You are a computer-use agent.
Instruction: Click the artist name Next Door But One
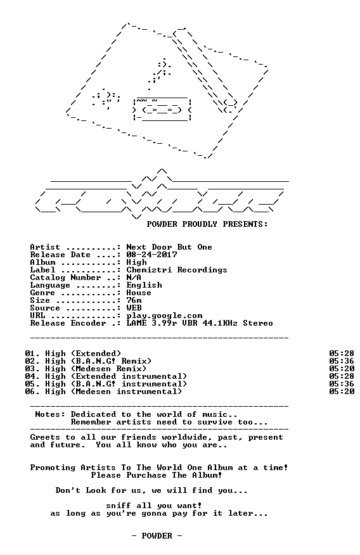[169, 247]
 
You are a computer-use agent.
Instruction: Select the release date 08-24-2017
[151, 255]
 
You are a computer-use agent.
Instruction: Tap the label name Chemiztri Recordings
[177, 270]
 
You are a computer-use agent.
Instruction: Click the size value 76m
[134, 300]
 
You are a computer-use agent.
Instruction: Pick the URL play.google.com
[164, 316]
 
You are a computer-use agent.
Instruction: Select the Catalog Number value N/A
[134, 277]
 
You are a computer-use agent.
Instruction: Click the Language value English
[144, 285]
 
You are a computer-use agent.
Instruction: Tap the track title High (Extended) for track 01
[83, 354]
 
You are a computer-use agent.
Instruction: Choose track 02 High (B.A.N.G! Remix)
[98, 361]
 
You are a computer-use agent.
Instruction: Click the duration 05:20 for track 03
[342, 369]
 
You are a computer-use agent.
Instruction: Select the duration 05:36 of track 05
[342, 384]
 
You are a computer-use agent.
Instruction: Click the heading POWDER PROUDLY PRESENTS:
[207, 224]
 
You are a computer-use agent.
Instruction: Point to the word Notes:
[50, 414]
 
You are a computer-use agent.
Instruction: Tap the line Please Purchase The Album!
[157, 475]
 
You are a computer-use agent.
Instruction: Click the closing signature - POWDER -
[157, 536]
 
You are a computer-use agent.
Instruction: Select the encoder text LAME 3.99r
[151, 323]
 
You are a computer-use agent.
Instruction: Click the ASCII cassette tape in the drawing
[162, 110]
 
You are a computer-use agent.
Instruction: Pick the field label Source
[45, 308]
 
